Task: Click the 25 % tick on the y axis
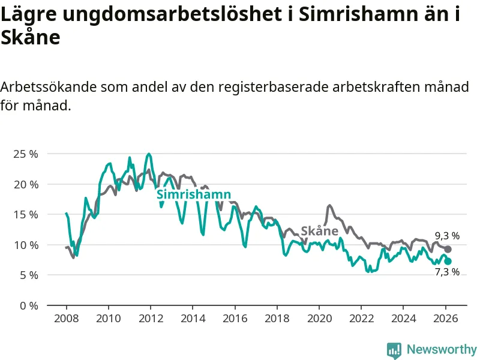click(25, 154)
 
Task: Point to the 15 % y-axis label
click(25, 214)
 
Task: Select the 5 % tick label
click(28, 275)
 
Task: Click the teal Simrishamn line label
click(194, 194)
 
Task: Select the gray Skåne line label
click(319, 231)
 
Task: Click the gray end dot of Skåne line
click(448, 249)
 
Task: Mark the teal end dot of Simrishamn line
click(448, 261)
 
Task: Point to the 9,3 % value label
click(447, 236)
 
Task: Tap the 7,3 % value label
click(447, 272)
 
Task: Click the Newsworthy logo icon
click(394, 350)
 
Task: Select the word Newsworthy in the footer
click(442, 349)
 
